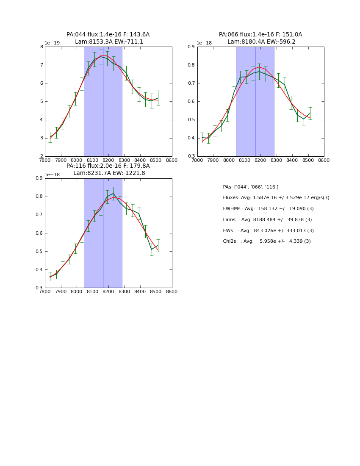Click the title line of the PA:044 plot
pyautogui.click(x=108, y=35)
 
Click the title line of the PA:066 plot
pyautogui.click(x=260, y=35)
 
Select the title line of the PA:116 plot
pyautogui.click(x=108, y=166)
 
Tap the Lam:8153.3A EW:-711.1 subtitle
pyautogui.click(x=109, y=42)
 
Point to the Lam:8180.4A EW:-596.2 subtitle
pyautogui.click(x=261, y=42)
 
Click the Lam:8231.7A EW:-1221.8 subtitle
pyautogui.click(x=109, y=173)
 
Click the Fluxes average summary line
pyautogui.click(x=276, y=198)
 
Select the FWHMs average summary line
pyautogui.click(x=268, y=209)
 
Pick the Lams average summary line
pyautogui.click(x=267, y=220)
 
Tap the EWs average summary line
pyautogui.click(x=268, y=230)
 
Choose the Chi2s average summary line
pyautogui.click(x=266, y=241)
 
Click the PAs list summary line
pyautogui.click(x=250, y=187)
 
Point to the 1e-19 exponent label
pyautogui.click(x=53, y=43)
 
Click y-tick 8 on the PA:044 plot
pyautogui.click(x=41, y=47)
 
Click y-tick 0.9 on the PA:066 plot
pyautogui.click(x=191, y=47)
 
